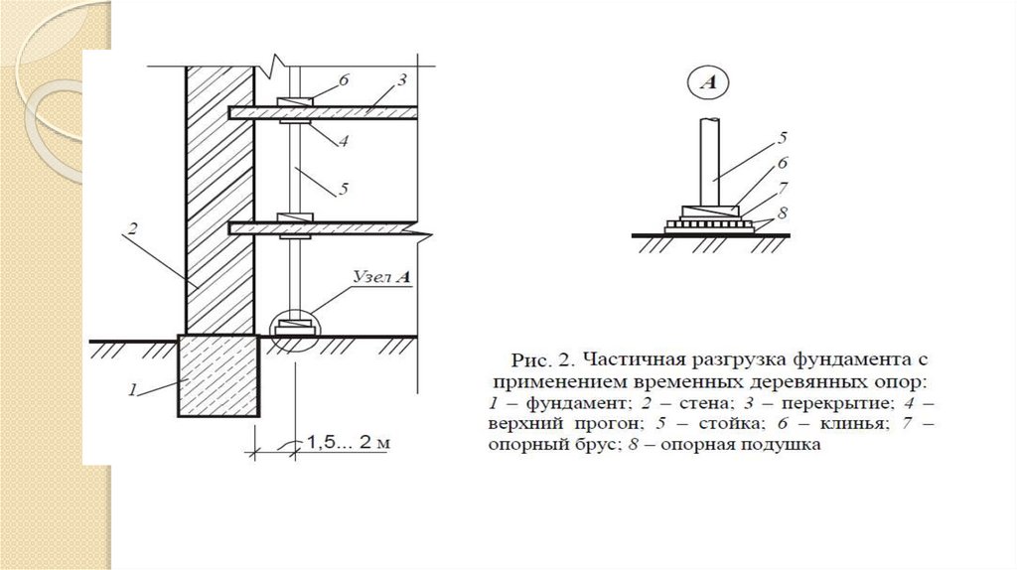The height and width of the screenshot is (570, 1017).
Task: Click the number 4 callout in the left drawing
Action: pyautogui.click(x=343, y=141)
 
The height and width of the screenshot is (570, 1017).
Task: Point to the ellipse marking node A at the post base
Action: pyautogui.click(x=295, y=325)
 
